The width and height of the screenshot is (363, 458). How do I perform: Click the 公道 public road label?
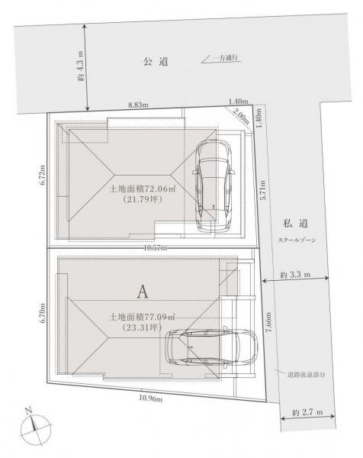click(156, 61)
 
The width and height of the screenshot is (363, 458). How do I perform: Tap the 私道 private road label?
click(296, 224)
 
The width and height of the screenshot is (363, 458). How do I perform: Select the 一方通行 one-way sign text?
click(226, 58)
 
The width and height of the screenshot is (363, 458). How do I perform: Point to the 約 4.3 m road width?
click(80, 66)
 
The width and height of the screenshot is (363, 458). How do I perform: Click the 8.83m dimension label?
click(138, 105)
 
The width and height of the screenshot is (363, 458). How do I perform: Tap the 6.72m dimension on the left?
click(43, 175)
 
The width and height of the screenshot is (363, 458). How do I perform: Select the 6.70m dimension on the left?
click(43, 312)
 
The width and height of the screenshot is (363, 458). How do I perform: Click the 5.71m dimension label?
click(262, 190)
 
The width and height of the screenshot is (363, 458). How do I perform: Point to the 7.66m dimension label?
click(268, 322)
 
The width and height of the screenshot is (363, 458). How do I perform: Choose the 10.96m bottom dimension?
click(150, 398)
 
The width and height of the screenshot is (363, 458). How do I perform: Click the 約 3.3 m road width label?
click(295, 274)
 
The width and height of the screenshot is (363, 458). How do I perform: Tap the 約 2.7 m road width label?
click(307, 412)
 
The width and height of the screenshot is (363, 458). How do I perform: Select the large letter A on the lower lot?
click(143, 292)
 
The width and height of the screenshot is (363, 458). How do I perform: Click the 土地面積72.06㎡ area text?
click(143, 189)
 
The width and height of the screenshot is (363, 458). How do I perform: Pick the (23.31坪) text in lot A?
click(142, 327)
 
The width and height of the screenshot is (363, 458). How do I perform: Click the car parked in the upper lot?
click(214, 186)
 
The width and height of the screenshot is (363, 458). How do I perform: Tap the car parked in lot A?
click(211, 347)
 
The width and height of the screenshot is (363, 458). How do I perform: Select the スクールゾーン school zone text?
click(297, 240)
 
